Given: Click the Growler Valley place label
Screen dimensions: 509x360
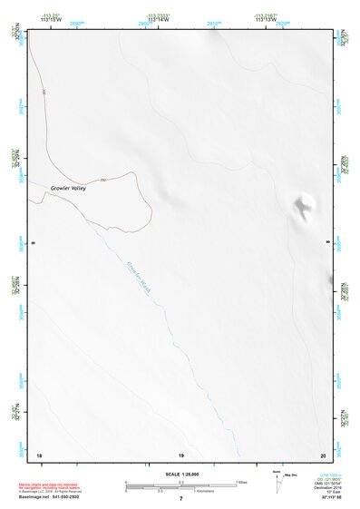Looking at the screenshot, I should (x=67, y=188).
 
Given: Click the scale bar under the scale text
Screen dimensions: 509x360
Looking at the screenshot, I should (x=180, y=485).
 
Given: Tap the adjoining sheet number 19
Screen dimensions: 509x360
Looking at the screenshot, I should (x=180, y=454).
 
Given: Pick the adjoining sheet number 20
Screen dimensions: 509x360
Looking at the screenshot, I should (x=322, y=454).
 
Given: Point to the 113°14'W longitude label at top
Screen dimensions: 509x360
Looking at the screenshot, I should (x=158, y=18).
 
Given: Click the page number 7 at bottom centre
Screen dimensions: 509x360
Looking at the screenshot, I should (x=180, y=498).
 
